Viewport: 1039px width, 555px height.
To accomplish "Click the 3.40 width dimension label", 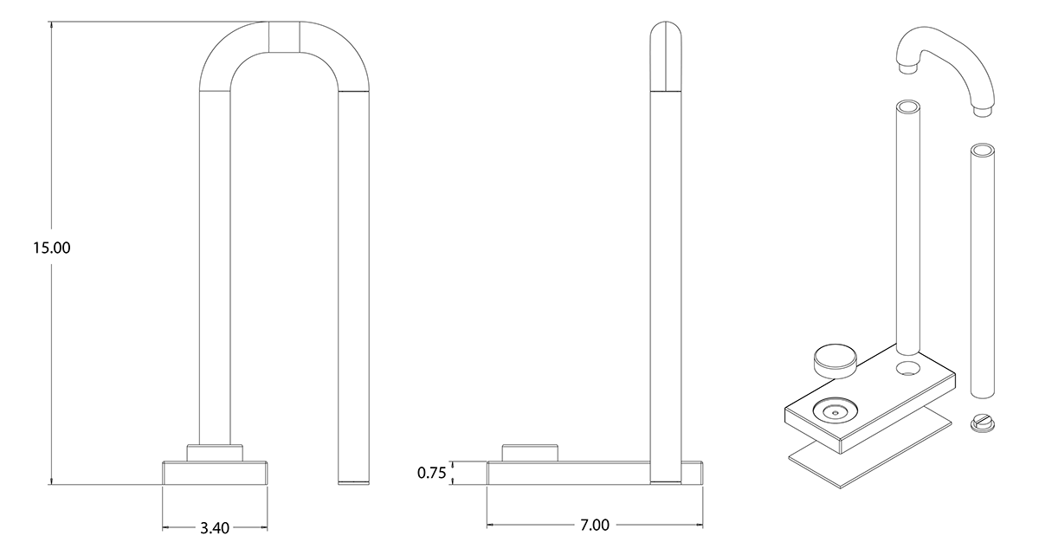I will click(215, 527).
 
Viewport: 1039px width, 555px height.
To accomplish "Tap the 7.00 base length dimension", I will click(594, 525).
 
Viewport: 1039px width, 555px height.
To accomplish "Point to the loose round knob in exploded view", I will click(836, 358).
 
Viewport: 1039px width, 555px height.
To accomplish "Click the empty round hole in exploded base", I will click(908, 370).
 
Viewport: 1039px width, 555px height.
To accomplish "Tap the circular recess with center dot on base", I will click(835, 413).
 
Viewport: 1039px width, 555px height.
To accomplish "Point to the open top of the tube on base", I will click(908, 107).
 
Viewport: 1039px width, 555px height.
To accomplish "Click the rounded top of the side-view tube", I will click(665, 52).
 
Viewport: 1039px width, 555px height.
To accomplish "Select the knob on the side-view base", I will click(529, 452).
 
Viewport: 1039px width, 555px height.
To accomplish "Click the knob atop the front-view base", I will click(215, 453).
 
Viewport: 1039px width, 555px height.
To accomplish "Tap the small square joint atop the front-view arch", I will click(285, 37).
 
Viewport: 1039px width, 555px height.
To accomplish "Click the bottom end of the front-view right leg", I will click(353, 479).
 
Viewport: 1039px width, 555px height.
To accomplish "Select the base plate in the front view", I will click(215, 473).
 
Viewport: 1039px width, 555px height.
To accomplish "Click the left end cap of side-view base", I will click(491, 473).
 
